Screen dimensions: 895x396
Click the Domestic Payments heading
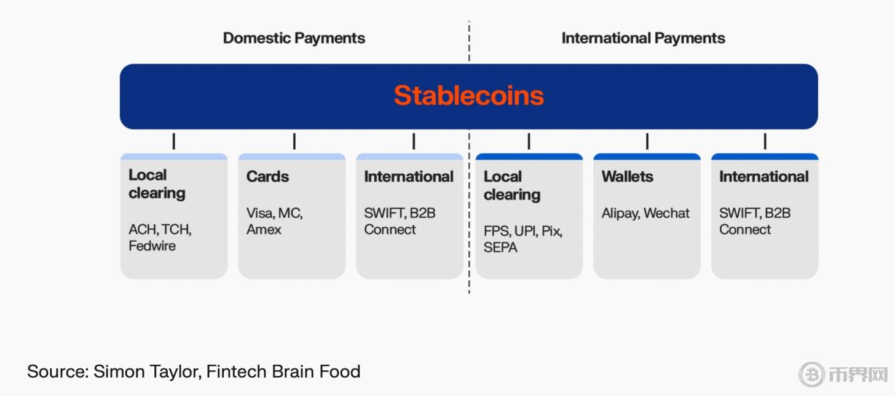click(x=294, y=38)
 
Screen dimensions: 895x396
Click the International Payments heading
click(x=643, y=38)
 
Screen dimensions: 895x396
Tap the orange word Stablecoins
click(x=468, y=95)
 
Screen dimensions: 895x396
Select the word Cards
click(x=267, y=176)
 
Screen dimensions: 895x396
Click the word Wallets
click(x=627, y=176)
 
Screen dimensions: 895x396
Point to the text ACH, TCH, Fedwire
click(x=160, y=238)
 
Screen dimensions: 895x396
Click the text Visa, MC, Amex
click(x=275, y=221)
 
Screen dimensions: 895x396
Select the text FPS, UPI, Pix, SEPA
click(x=523, y=239)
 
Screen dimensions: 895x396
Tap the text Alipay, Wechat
click(x=645, y=213)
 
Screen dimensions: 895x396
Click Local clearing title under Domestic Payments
click(x=157, y=184)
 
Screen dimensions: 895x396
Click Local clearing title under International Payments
click(x=512, y=185)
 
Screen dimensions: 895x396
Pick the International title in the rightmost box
click(x=764, y=176)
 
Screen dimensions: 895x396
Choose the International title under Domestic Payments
click(x=409, y=176)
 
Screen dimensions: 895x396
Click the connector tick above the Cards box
click(x=294, y=141)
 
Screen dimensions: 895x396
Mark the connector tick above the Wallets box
click(x=647, y=141)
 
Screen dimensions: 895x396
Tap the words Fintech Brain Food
click(x=283, y=371)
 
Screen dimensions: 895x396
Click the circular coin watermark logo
click(x=811, y=375)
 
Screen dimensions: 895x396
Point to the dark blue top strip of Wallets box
click(x=647, y=157)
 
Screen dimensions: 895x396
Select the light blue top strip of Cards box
click(x=291, y=157)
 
